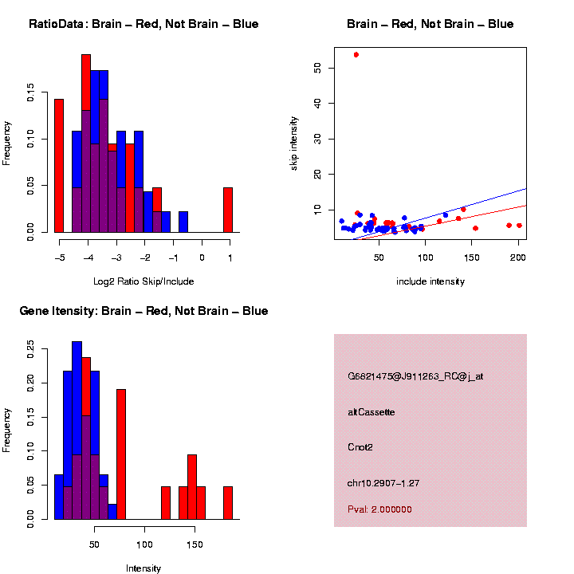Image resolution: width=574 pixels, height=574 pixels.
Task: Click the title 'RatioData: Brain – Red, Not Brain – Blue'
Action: point(143,24)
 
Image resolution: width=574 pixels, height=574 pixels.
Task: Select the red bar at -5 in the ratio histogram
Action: point(59,166)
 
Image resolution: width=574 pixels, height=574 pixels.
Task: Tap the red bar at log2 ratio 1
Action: point(228,210)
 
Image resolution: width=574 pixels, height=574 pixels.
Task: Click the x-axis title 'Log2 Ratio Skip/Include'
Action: point(143,281)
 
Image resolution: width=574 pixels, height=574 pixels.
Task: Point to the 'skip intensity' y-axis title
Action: point(293,142)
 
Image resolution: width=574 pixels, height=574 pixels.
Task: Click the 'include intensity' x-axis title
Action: point(431,281)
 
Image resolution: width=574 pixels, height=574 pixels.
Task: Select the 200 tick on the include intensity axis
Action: point(517,258)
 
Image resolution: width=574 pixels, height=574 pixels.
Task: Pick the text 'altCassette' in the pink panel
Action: point(372,412)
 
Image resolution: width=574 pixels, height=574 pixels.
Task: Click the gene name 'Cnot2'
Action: point(360,447)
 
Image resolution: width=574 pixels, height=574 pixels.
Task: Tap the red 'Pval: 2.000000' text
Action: point(379,509)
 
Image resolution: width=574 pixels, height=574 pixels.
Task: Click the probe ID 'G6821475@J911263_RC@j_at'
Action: point(415,376)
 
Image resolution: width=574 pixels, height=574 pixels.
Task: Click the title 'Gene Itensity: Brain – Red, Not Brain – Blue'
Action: point(143,311)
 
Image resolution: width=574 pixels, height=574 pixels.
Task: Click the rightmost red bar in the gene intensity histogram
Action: point(228,503)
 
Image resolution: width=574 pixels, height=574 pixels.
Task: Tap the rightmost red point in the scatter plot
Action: point(519,226)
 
